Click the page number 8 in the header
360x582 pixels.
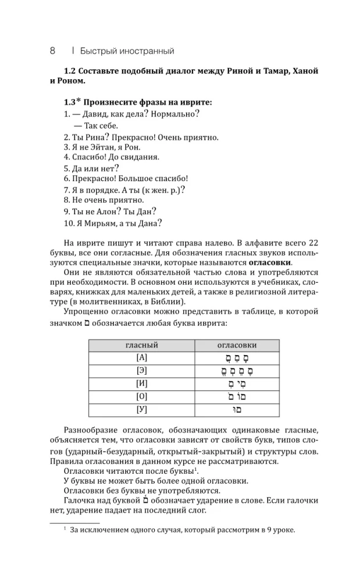click(x=52, y=51)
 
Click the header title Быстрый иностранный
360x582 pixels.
click(x=127, y=51)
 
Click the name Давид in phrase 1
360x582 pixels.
click(x=97, y=114)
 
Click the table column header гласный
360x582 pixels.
click(x=141, y=345)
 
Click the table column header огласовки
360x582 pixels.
click(x=236, y=345)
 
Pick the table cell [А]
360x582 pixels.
click(x=141, y=358)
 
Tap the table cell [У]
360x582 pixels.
click(x=141, y=410)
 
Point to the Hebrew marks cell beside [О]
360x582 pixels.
click(x=236, y=397)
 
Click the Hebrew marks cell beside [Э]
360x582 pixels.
click(x=236, y=371)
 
